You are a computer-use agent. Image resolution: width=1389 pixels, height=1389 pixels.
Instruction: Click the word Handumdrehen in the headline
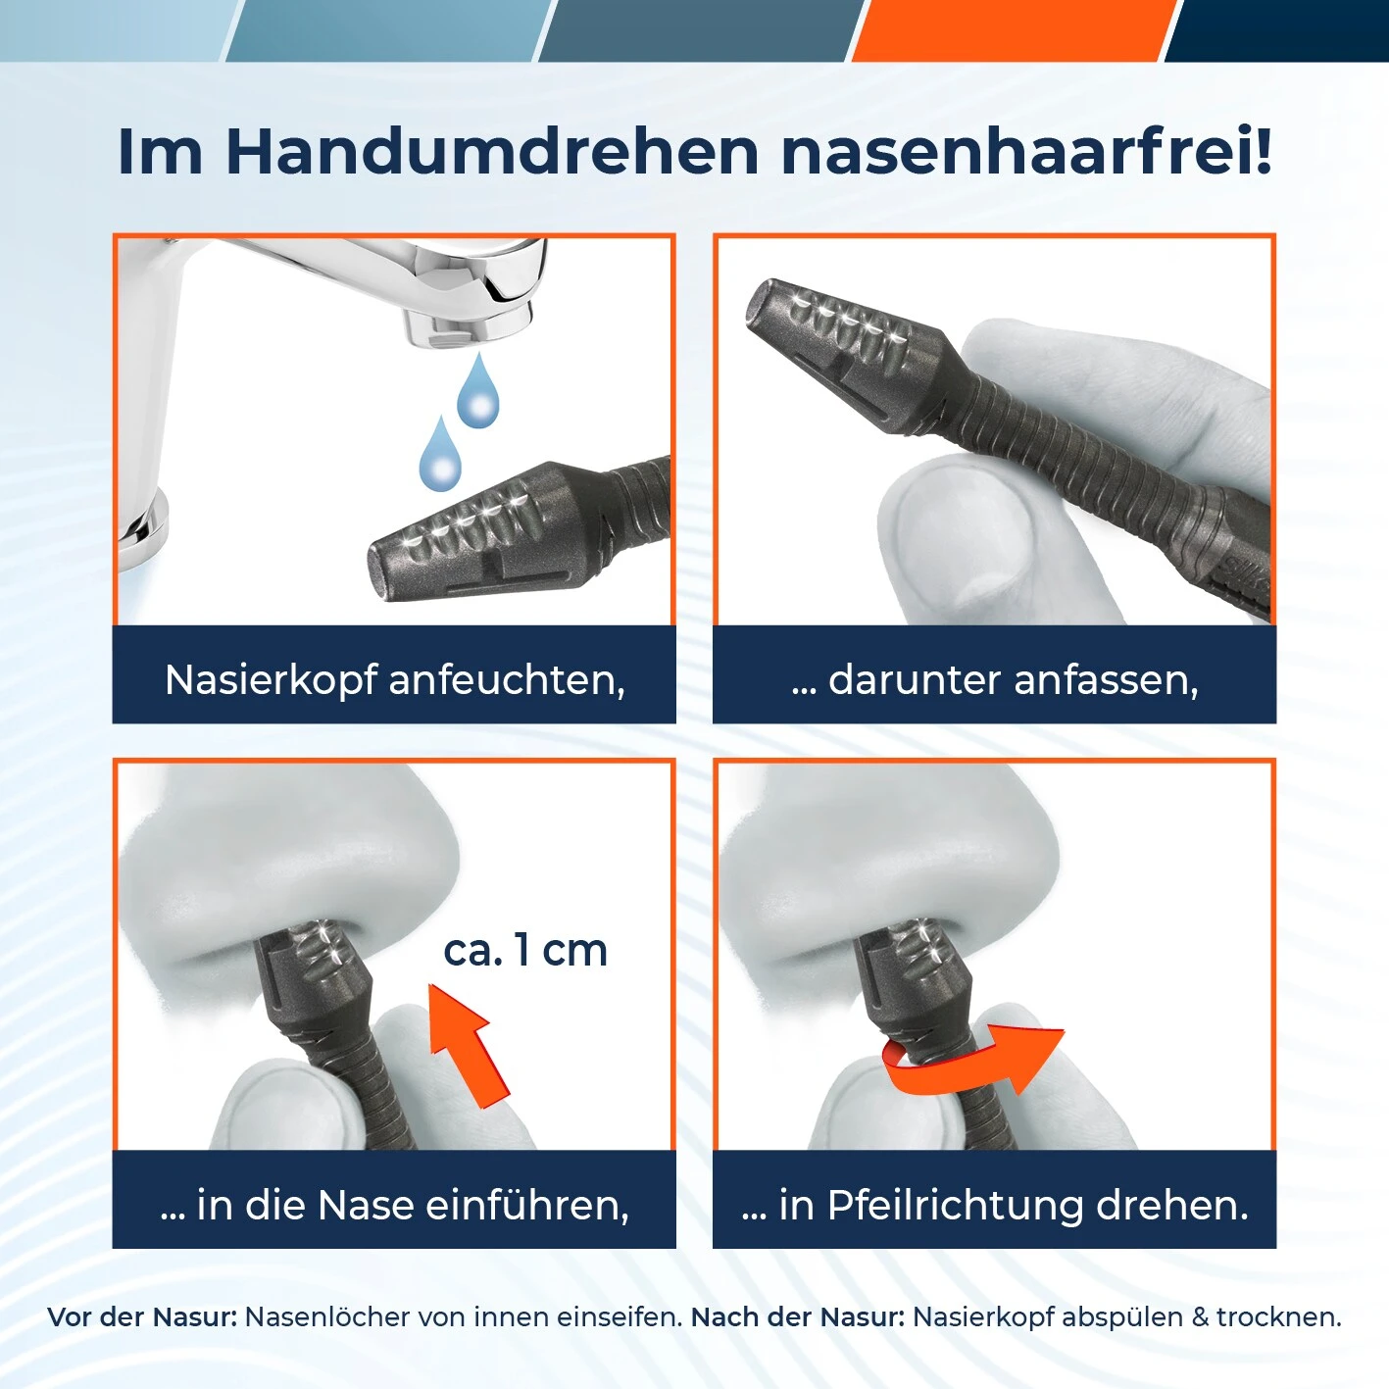(492, 152)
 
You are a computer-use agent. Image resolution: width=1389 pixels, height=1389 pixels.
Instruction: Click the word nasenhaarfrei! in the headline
(1025, 152)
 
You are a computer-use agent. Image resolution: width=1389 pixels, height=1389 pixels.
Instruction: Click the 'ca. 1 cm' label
(525, 950)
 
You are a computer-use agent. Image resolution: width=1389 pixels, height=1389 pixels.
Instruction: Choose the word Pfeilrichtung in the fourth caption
(955, 1205)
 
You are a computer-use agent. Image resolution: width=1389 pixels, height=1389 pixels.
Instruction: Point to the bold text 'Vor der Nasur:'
(142, 1316)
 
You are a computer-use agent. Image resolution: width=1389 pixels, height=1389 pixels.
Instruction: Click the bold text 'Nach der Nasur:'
(798, 1316)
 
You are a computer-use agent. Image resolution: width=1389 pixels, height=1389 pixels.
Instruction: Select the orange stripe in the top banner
(1010, 29)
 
